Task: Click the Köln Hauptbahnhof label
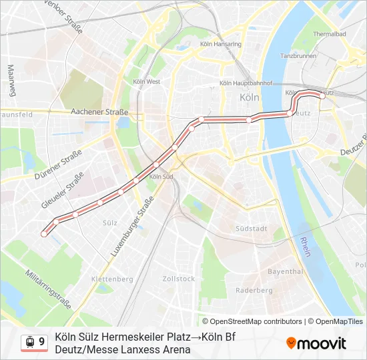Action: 246,84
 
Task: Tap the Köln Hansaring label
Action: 224,44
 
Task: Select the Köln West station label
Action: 147,82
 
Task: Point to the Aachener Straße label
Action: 99,113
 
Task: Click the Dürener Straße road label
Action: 59,165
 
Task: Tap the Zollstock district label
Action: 178,279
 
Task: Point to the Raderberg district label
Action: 254,291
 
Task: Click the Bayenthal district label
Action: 285,272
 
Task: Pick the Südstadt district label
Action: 252,229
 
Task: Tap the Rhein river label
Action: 306,247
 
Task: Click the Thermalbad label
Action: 330,33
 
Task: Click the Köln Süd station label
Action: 161,177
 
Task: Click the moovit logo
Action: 316,343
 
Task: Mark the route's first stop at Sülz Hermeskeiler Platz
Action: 44,233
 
